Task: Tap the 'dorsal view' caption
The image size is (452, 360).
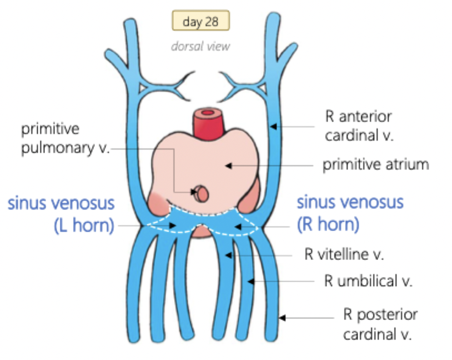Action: click(200, 46)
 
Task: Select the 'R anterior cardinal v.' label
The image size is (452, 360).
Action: click(358, 126)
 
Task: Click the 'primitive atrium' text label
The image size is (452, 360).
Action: click(376, 164)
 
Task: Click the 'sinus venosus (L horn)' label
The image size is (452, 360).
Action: click(61, 214)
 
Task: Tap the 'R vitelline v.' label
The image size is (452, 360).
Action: click(344, 255)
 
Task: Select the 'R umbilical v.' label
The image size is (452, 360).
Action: click(368, 281)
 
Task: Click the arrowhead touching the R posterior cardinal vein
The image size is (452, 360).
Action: click(282, 318)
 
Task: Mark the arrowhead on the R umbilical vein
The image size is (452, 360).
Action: click(251, 282)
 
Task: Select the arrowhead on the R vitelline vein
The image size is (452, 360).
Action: click(229, 255)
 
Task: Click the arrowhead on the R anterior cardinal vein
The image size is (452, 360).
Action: click(272, 127)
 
